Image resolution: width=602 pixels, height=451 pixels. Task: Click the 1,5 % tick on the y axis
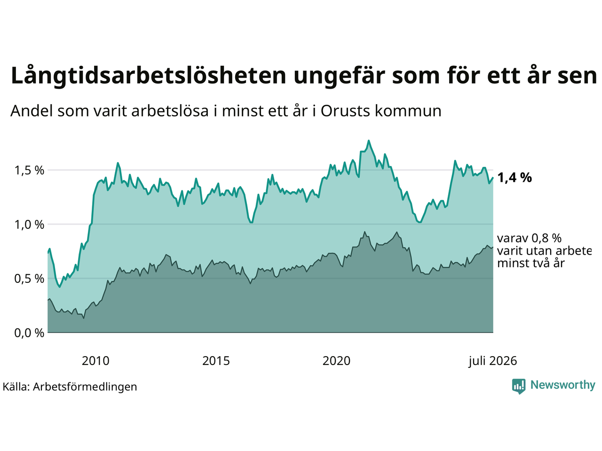[x=29, y=171]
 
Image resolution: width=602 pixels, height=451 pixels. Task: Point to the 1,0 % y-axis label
[x=29, y=225]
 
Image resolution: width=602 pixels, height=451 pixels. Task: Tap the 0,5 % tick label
[x=29, y=279]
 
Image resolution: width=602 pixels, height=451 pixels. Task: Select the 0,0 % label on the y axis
[x=29, y=333]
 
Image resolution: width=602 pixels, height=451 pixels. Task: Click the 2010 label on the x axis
[x=95, y=361]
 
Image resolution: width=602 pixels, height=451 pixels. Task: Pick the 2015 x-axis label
[x=216, y=361]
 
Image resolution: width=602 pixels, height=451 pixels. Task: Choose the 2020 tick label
[x=336, y=361]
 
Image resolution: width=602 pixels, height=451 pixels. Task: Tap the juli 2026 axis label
[x=492, y=361]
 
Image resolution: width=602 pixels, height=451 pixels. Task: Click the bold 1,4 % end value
[x=514, y=178]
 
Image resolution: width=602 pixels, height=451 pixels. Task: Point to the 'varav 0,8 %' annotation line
[x=529, y=238]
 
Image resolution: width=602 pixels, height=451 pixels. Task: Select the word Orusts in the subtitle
[x=344, y=111]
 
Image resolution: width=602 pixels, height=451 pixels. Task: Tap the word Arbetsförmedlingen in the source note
[x=85, y=387]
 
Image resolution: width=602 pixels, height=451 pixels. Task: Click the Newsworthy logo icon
[x=519, y=386]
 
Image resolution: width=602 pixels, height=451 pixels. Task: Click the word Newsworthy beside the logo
[x=563, y=385]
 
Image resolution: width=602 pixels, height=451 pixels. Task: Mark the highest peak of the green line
[x=369, y=140]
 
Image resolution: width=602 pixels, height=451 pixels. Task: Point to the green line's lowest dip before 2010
[x=60, y=287]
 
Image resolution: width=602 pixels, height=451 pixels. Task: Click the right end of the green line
[x=493, y=178]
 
